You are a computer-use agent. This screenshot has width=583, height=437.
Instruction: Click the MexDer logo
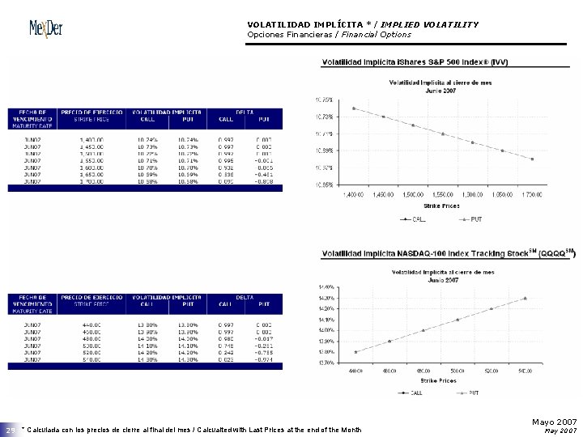[x=45, y=30]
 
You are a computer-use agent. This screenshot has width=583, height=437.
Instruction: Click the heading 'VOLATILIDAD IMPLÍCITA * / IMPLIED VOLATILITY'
[x=362, y=24]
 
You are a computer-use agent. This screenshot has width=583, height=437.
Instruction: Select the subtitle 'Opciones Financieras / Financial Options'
[x=329, y=35]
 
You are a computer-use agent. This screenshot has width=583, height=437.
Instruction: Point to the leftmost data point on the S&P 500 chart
[x=353, y=108]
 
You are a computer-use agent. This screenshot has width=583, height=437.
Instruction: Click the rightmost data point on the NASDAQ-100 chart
[x=525, y=298]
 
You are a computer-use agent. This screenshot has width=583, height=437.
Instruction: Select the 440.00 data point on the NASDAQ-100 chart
[x=355, y=352]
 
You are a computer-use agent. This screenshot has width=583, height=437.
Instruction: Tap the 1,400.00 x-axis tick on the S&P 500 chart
[x=353, y=195]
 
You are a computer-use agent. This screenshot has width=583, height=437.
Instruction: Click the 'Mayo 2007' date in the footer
[x=555, y=422]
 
